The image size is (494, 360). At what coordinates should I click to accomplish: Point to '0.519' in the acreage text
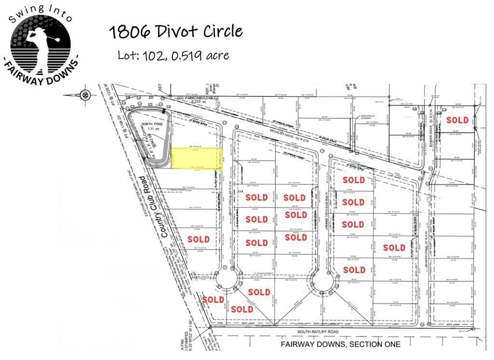coord(184,55)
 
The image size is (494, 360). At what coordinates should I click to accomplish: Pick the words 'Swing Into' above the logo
coord(41,13)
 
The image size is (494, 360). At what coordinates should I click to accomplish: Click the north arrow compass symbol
coord(85,94)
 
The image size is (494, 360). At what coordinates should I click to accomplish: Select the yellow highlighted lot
coord(197,158)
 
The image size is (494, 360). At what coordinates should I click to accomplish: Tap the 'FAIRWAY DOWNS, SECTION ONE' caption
coord(341,345)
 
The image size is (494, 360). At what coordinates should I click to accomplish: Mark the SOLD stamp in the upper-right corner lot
coord(457,120)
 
